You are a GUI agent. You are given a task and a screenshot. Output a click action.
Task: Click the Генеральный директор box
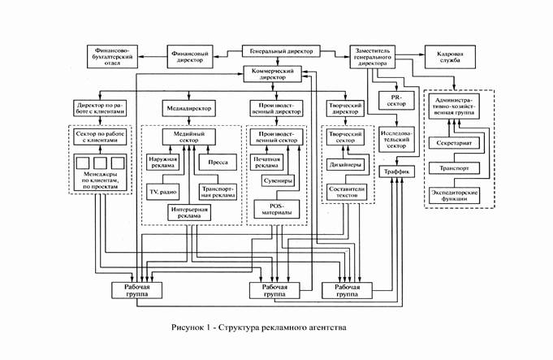279,52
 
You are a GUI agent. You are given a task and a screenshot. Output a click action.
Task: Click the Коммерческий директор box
279,76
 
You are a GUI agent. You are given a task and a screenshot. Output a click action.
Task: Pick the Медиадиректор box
188,108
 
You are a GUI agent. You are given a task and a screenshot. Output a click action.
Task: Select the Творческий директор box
346,108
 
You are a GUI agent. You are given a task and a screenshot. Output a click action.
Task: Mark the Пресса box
217,161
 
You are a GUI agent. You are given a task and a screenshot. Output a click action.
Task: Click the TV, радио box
163,190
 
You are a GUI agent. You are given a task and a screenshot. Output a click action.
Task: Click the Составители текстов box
346,192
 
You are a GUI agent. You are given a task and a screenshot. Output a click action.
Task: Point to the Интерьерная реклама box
188,214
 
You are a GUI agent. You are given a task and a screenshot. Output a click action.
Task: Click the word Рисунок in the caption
188,329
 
